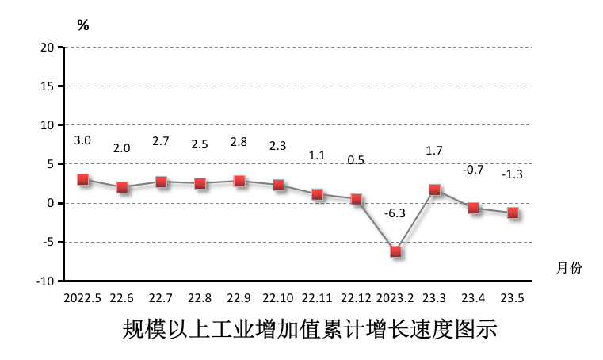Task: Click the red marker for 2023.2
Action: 395,251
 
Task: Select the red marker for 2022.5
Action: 82,179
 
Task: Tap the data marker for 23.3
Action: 434,190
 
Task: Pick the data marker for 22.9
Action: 239,181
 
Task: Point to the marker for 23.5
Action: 513,213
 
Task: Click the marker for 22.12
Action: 357,199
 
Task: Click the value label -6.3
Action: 395,213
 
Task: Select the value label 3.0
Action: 82,140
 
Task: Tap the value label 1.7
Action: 434,150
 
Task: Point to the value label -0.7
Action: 473,169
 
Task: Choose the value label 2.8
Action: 239,142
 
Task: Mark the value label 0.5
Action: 357,160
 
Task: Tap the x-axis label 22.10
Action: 278,298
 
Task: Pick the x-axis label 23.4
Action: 473,298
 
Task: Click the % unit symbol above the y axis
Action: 82,25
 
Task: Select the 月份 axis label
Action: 569,269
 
